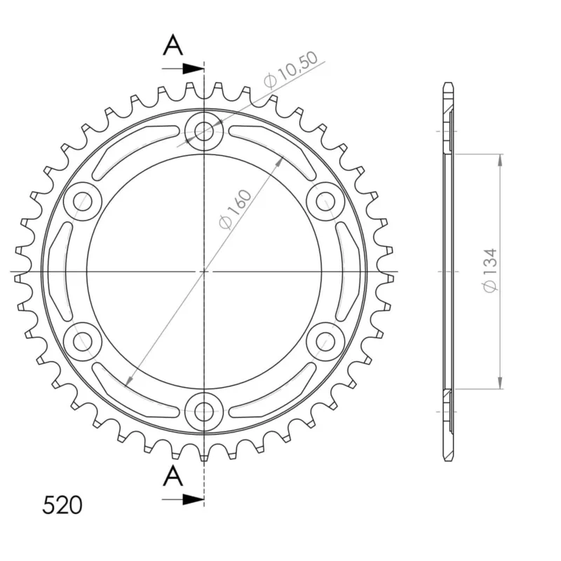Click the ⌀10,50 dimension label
[290, 69]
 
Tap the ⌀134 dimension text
[490, 270]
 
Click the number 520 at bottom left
[62, 505]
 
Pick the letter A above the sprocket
[173, 45]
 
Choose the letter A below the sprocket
[173, 476]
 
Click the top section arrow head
[194, 68]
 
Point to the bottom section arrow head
[194, 499]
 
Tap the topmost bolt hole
[204, 131]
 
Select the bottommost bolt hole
[204, 412]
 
